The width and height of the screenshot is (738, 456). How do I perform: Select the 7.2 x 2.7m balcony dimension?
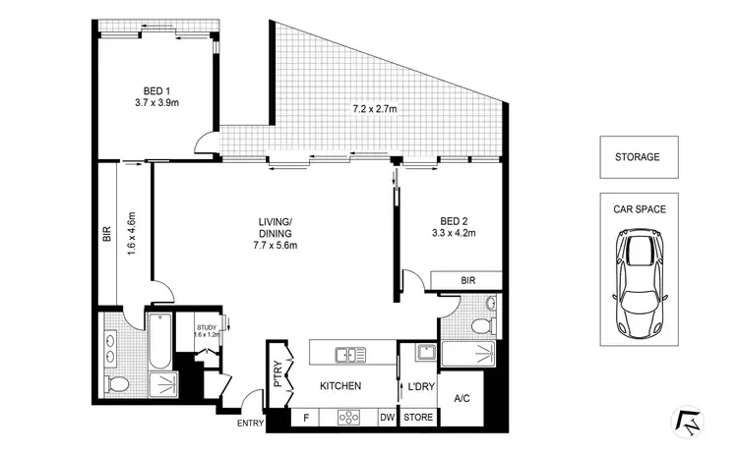(374, 109)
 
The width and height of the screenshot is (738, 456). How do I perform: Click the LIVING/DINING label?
(274, 229)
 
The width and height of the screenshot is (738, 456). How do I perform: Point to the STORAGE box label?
(637, 156)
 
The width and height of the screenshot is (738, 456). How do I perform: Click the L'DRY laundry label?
(421, 386)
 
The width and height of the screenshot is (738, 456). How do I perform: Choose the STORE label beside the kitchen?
(418, 418)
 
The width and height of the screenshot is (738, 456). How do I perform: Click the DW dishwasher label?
(387, 418)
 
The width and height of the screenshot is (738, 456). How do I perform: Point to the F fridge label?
(306, 418)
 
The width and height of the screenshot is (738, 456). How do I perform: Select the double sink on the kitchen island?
(345, 353)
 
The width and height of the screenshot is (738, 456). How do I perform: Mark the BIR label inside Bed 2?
(467, 281)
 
